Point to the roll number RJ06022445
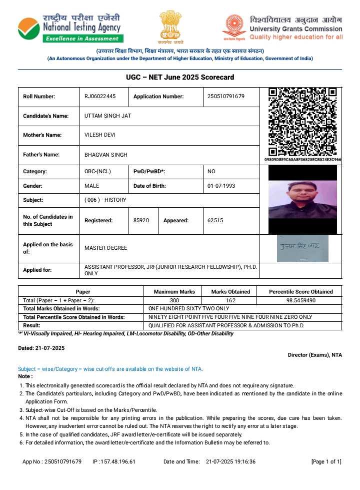pos(100,97)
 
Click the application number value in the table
pos(226,97)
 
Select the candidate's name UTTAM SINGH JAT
pos(108,116)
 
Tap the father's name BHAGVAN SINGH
pos(106,155)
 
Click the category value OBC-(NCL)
pos(98,172)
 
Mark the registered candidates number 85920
pos(141,220)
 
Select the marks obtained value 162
pos(230,300)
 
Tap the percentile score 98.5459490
pos(300,300)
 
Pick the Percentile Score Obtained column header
pos(300,291)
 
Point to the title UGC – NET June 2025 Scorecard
pos(180,78)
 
